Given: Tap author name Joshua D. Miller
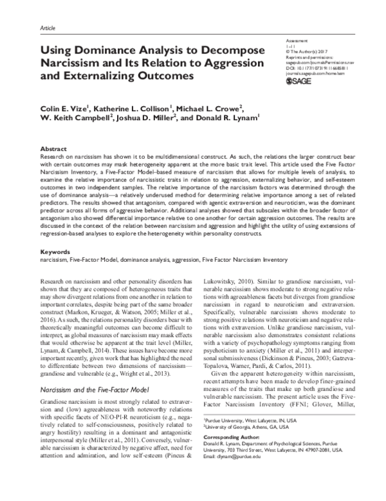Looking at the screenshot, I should click(x=149, y=118).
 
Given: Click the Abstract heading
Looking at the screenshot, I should click(x=53, y=148).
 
